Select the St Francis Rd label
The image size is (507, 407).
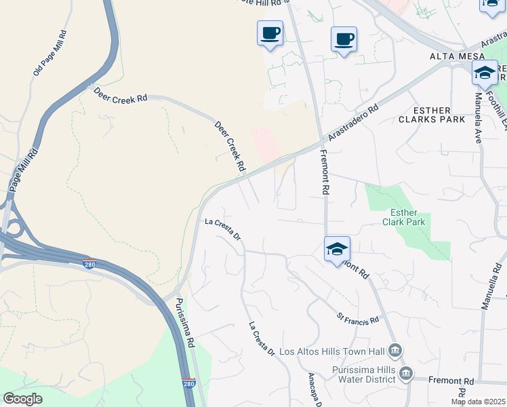[x=357, y=318]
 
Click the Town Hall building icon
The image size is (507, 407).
[x=396, y=351]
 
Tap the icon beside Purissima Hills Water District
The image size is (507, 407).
[x=405, y=372]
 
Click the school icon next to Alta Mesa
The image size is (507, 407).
[x=485, y=73]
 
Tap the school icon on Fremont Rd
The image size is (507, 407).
[x=337, y=250]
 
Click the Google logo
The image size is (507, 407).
[x=22, y=399]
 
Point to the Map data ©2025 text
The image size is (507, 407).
[x=478, y=402]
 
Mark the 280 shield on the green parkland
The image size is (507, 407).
[x=189, y=384]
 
